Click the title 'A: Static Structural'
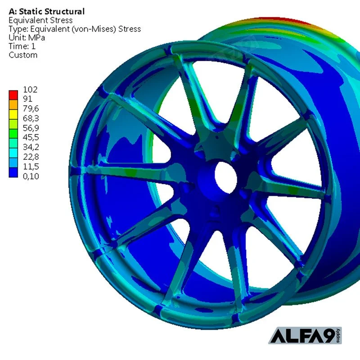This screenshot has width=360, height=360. click(x=47, y=11)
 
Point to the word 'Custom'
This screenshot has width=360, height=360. click(x=23, y=55)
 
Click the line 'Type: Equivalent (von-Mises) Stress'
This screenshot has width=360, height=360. click(x=75, y=29)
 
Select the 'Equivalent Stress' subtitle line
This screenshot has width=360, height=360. click(x=40, y=20)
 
